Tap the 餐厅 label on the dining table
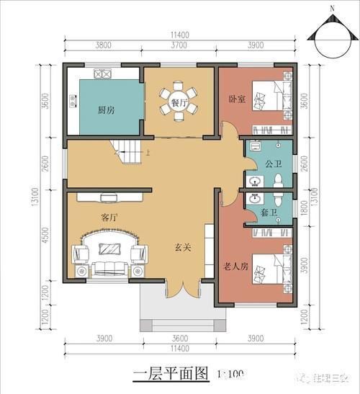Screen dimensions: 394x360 pyautogui.click(x=179, y=104)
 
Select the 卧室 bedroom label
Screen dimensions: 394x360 pyautogui.click(x=237, y=99)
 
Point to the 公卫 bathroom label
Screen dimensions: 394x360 pyautogui.click(x=273, y=164)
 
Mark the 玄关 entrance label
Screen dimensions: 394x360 pyautogui.click(x=182, y=246)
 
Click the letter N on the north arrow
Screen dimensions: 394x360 pyautogui.click(x=332, y=9)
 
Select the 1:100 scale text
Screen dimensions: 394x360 pyautogui.click(x=230, y=375)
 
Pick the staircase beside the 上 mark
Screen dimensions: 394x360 pyautogui.click(x=128, y=151)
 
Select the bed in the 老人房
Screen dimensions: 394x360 pyautogui.click(x=274, y=274)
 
